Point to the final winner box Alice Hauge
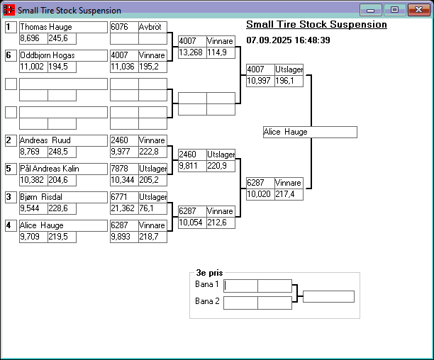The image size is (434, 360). click(x=309, y=132)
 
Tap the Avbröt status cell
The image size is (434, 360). click(x=152, y=27)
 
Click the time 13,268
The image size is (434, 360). click(x=191, y=52)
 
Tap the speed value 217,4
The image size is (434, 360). click(x=289, y=194)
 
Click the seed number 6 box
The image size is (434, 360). click(x=11, y=55)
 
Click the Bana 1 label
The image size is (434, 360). click(x=207, y=284)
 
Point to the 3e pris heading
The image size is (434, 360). click(x=210, y=272)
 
